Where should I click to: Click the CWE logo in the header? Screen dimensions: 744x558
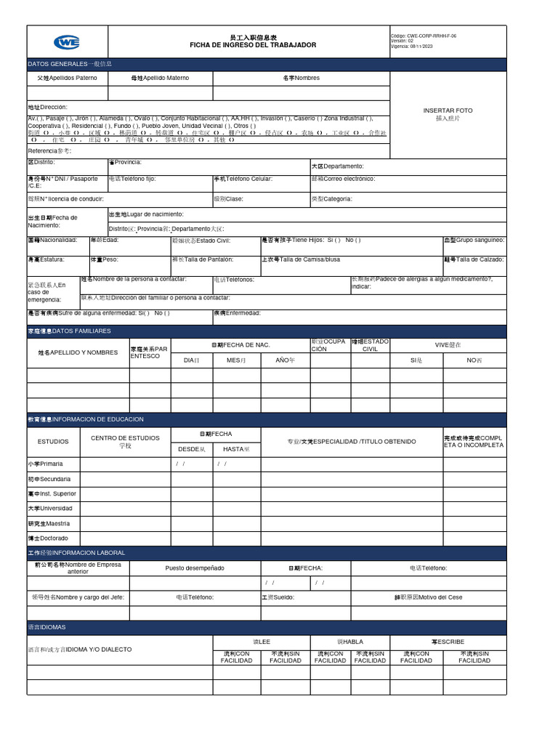(x=67, y=42)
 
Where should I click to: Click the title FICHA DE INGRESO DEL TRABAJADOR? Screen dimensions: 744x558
(x=253, y=45)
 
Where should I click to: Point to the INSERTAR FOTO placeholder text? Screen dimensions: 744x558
(x=448, y=110)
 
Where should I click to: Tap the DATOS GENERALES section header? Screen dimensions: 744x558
(x=70, y=64)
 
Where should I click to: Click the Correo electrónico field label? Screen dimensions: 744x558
(x=343, y=179)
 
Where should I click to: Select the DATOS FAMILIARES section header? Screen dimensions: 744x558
(x=69, y=331)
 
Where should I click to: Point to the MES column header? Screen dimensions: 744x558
(x=236, y=360)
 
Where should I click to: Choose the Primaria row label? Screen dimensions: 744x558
(x=46, y=464)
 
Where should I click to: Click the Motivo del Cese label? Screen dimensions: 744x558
(x=428, y=597)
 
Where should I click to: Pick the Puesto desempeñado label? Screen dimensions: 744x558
(x=195, y=567)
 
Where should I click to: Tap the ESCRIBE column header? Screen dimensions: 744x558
(x=448, y=642)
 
